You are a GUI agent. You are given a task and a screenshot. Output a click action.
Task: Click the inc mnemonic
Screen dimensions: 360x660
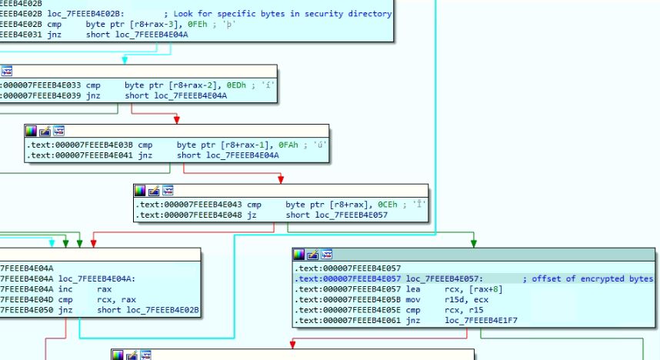tap(64, 289)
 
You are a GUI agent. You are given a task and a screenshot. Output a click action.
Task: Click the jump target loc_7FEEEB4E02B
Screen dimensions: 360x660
tap(148, 311)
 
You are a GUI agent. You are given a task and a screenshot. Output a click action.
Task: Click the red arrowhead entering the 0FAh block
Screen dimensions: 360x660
tap(177, 119)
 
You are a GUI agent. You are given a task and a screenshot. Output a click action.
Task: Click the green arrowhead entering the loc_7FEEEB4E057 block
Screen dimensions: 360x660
tap(473, 243)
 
